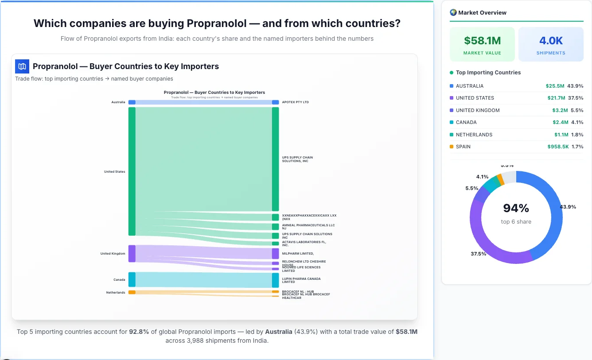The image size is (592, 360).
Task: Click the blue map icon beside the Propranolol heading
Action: [22, 66]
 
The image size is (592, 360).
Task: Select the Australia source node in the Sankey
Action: [132, 102]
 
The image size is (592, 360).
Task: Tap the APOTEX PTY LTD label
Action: [295, 102]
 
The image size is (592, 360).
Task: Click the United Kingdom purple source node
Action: [132, 254]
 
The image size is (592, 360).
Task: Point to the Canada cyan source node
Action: [132, 279]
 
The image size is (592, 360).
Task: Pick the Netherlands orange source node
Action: [132, 292]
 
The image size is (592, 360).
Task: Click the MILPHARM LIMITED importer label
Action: [298, 254]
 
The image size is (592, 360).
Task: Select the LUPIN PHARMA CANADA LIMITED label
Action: [301, 280]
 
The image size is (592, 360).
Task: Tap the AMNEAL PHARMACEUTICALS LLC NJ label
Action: [308, 227]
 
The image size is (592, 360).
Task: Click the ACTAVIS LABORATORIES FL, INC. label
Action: [304, 244]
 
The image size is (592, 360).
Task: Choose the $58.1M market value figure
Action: [482, 41]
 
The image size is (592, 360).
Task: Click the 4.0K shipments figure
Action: [551, 41]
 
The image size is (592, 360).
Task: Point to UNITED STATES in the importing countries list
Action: [475, 98]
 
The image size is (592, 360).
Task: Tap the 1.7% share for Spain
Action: [577, 147]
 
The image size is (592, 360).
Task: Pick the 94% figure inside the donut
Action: [516, 208]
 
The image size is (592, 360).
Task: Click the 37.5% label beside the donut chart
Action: [479, 254]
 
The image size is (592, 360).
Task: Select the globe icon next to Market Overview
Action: [453, 12]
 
